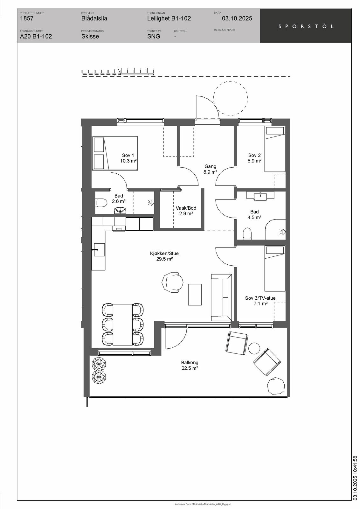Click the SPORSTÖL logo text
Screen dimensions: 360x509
306,26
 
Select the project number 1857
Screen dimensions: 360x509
27,18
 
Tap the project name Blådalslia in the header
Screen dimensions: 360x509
94,18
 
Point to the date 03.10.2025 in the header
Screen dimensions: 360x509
237,18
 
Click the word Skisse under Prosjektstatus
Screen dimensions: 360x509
90,36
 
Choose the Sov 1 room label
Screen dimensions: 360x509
128,158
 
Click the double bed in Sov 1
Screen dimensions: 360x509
115,153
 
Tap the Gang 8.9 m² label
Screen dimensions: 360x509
210,169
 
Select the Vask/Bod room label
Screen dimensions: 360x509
186,211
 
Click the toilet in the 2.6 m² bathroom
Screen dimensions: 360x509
101,203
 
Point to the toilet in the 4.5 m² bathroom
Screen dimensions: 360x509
247,234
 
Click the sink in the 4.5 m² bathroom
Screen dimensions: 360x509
260,196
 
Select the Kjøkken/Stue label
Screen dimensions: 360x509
164,256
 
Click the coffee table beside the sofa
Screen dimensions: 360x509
195,295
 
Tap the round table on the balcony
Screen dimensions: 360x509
254,348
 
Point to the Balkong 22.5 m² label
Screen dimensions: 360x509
190,366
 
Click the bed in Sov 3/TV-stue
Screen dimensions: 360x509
275,268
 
